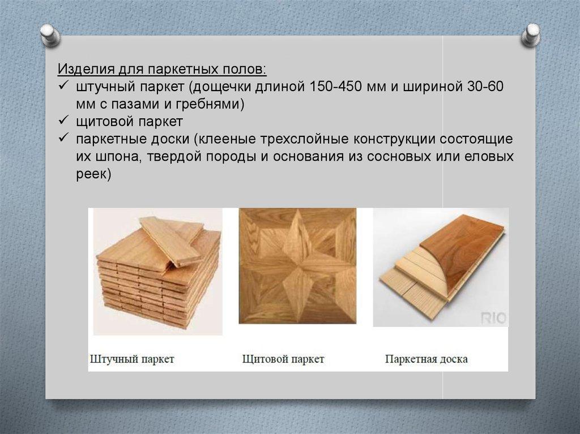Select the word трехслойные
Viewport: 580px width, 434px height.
point(305,139)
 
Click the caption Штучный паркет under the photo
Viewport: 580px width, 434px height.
point(132,359)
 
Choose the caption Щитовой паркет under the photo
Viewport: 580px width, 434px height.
point(283,359)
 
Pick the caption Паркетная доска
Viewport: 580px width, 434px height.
point(427,359)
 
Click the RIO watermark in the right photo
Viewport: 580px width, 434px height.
point(493,319)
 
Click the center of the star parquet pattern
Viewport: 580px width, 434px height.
point(297,265)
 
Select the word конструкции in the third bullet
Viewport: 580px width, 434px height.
point(395,139)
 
